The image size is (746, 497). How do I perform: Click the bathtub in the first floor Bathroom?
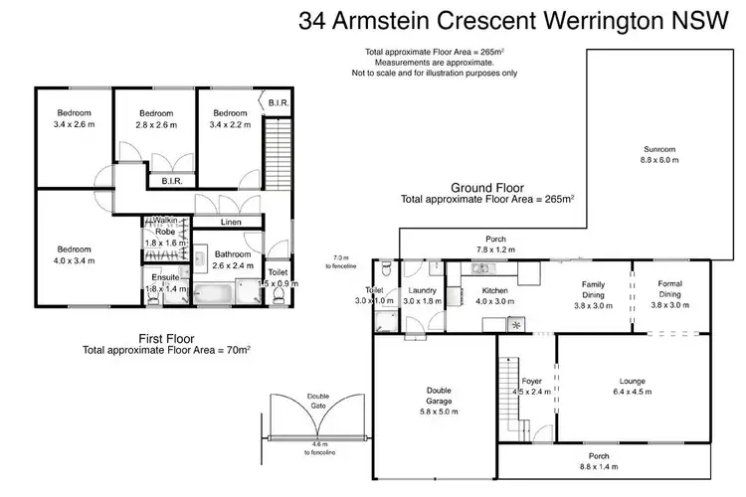click(214, 294)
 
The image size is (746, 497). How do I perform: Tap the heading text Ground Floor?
click(487, 187)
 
